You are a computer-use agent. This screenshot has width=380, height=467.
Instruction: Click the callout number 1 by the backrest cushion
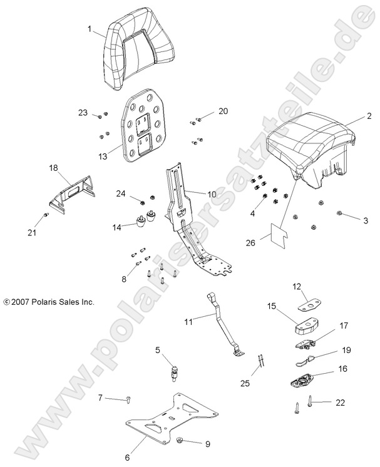90,29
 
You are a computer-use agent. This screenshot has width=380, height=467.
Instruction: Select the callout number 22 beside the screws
341,402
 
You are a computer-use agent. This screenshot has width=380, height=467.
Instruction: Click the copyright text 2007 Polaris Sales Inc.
49,302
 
